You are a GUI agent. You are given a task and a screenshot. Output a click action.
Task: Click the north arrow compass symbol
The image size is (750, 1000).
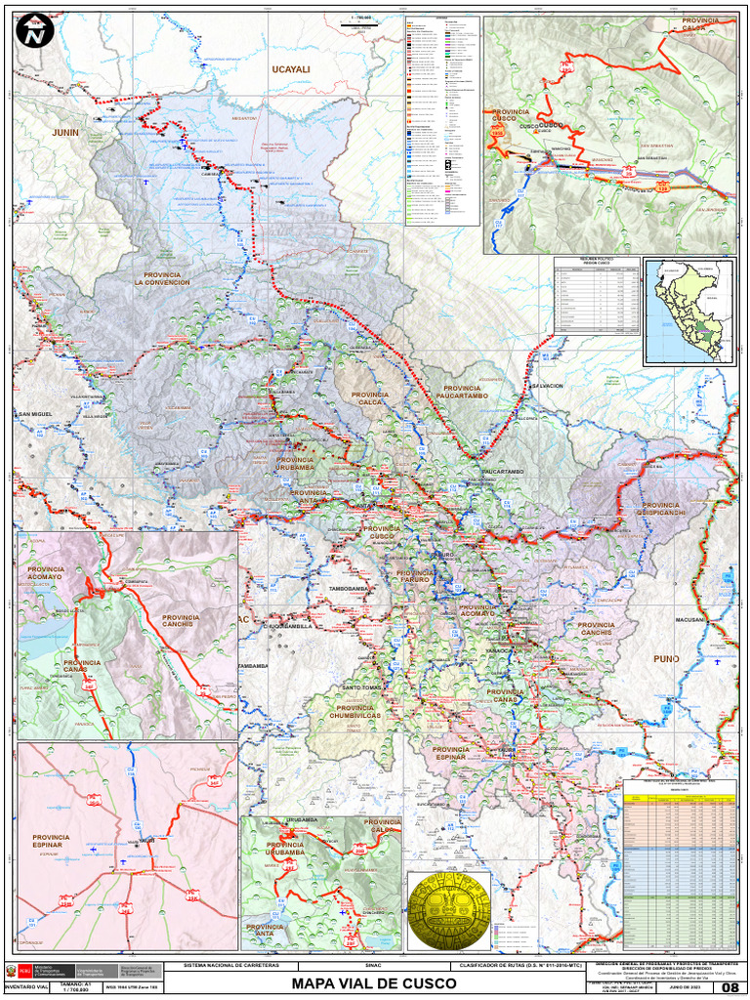35,34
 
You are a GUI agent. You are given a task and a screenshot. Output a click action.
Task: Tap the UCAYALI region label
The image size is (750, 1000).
290,70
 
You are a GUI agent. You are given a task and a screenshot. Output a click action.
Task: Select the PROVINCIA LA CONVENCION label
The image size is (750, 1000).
162,279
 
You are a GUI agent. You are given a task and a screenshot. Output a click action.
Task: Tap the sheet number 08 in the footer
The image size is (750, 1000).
730,988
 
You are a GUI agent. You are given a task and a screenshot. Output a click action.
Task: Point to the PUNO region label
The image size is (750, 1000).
666,659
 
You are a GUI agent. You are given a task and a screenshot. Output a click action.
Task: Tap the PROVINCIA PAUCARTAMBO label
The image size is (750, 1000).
448,392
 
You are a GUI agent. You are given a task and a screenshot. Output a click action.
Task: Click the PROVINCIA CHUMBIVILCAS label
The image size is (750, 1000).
362,712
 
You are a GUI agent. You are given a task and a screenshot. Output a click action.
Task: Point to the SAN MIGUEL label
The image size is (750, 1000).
34,415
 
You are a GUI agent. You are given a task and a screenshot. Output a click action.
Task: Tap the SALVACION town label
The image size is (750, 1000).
546,386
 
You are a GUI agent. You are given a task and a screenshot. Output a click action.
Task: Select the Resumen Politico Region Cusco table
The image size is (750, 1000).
596,299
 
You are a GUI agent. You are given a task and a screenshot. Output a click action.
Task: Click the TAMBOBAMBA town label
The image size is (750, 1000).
352,590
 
